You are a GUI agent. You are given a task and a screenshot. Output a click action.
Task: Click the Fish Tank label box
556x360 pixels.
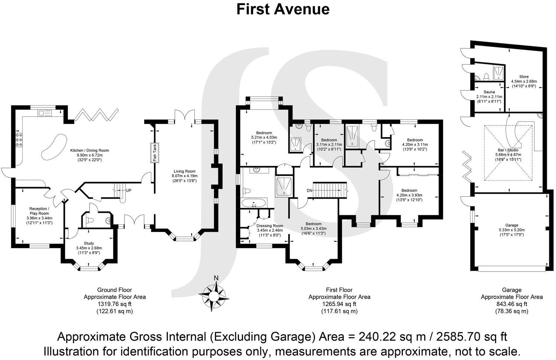(154, 152)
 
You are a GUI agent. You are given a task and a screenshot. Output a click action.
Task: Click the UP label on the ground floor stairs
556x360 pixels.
(129, 190)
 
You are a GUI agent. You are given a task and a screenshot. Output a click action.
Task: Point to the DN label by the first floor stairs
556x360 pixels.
(310, 190)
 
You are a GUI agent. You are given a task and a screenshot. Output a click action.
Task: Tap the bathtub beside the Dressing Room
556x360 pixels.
(254, 203)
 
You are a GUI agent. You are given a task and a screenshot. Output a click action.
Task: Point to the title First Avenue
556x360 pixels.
(283, 9)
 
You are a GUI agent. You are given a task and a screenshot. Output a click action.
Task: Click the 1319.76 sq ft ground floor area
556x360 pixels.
(114, 304)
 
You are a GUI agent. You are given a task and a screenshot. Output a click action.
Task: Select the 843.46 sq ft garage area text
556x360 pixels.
(511, 304)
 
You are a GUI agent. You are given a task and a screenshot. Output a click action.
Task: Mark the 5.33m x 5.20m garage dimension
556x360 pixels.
(511, 230)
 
